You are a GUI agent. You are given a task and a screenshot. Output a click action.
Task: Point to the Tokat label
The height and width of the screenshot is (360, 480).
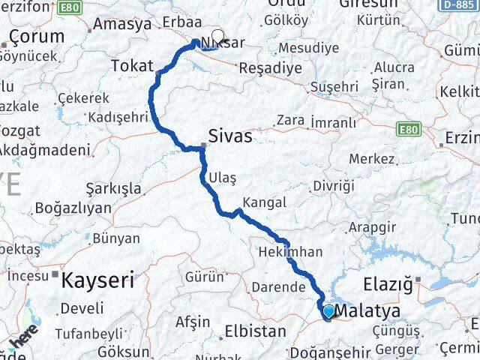[133, 65]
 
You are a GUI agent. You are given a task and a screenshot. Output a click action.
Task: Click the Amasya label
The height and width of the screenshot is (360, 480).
[123, 24]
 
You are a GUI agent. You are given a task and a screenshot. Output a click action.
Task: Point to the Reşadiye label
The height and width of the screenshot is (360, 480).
[269, 67]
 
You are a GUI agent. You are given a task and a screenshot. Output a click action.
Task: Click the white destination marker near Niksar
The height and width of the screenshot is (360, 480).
[217, 34]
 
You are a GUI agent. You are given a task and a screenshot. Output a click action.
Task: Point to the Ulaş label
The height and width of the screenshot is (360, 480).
[223, 177]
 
